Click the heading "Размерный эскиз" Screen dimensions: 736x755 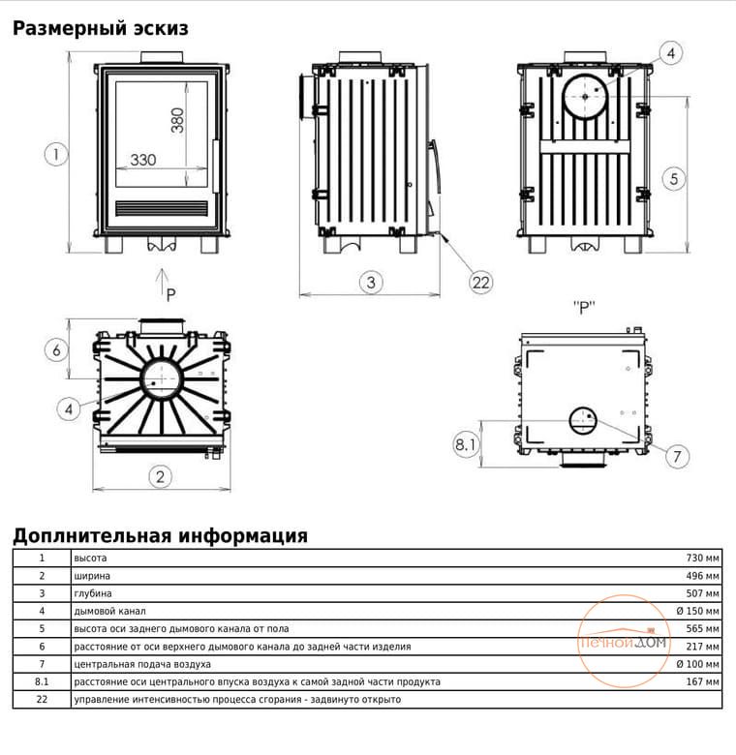[x=100, y=28]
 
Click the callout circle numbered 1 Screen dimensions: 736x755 [x=56, y=155]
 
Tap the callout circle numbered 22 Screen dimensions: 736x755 [x=480, y=283]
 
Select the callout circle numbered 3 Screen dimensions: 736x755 [x=371, y=283]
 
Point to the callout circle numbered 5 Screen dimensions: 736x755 [x=673, y=179]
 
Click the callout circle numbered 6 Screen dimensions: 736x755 [x=56, y=350]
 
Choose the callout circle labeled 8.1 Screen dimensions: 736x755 [x=465, y=444]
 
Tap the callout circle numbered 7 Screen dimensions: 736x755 [x=677, y=456]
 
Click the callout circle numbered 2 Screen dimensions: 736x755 [x=160, y=476]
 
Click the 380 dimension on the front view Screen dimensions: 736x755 [x=177, y=120]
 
